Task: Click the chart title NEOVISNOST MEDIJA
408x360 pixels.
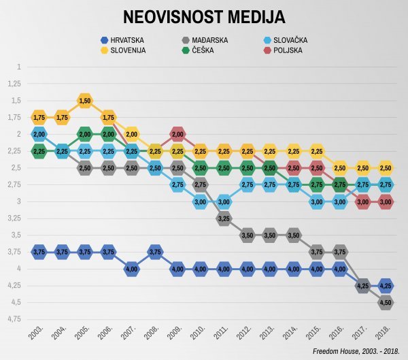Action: click(204, 17)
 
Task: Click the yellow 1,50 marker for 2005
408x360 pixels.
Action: click(85, 101)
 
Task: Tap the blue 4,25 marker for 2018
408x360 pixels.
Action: click(386, 286)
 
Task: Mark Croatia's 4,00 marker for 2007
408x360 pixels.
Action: click(132, 269)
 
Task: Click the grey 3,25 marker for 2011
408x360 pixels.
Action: click(224, 218)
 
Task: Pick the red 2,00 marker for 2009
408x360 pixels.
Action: click(177, 134)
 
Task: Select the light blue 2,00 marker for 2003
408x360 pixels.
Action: click(39, 134)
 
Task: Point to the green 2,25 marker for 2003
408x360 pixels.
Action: click(39, 151)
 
